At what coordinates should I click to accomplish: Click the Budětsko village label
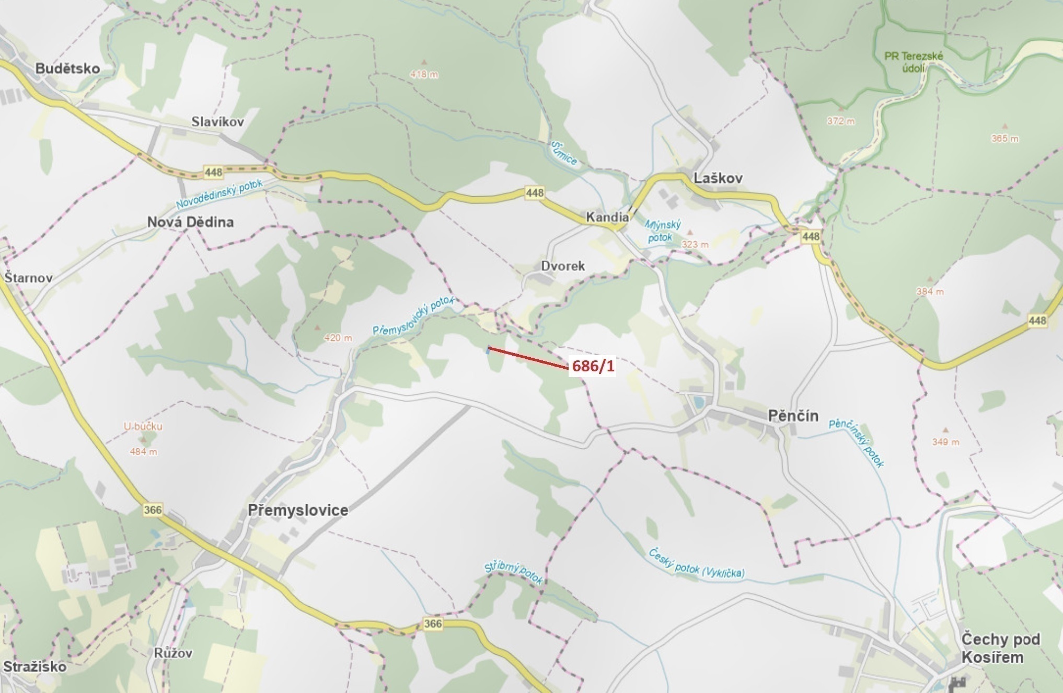[67, 69]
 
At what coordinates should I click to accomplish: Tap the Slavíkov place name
[217, 122]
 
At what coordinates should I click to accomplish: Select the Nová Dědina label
[190, 222]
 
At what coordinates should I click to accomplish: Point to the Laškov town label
[718, 178]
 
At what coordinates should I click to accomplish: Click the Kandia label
[607, 217]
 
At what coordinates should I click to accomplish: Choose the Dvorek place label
[563, 266]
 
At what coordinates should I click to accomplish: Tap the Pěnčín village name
[793, 416]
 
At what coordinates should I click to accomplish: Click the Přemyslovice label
[298, 510]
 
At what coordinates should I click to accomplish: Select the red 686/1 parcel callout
[593, 366]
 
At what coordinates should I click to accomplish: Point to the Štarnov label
[28, 278]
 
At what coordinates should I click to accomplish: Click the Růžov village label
[173, 653]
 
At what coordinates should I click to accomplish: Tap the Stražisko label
[34, 667]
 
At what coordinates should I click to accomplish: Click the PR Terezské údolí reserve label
[914, 62]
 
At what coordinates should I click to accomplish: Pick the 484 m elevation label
[143, 452]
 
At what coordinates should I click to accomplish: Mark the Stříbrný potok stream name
[513, 572]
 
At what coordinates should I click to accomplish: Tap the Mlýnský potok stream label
[662, 231]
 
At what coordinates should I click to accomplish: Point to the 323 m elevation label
[695, 245]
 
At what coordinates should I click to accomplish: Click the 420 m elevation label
[338, 338]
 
